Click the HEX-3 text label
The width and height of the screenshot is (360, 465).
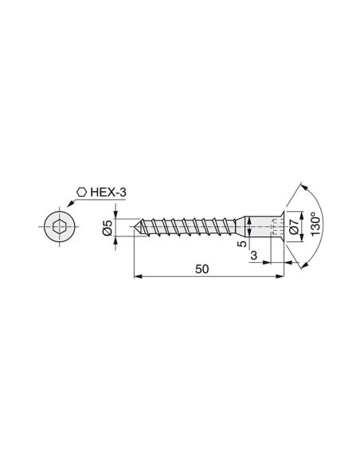pos(108,193)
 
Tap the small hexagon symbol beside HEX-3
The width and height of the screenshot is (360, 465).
pos(81,192)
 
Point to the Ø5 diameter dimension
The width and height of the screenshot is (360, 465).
pos(108,228)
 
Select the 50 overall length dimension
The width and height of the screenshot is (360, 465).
pos(202,269)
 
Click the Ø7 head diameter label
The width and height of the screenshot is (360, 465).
pos(293,227)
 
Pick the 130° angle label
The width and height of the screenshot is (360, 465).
pos(316,224)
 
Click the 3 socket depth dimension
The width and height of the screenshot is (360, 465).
pos(254,256)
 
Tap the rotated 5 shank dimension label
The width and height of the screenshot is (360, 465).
pos(242,244)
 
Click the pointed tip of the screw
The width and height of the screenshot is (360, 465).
pos(132,227)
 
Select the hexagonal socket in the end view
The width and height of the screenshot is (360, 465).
pos(59,227)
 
